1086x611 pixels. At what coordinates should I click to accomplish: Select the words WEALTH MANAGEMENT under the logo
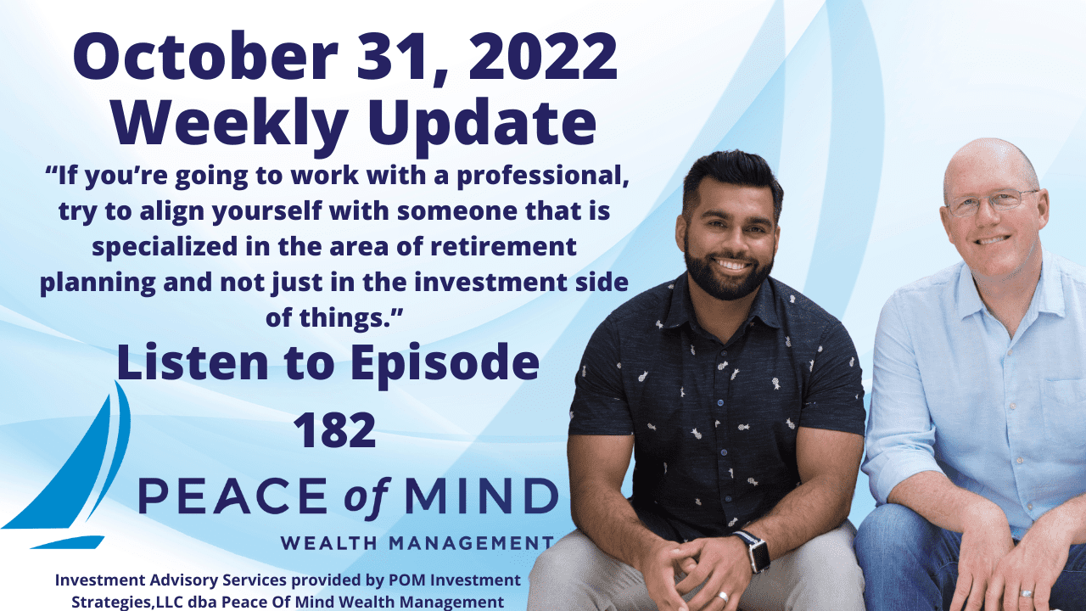click(417, 542)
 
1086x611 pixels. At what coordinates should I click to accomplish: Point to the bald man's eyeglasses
click(992, 203)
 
